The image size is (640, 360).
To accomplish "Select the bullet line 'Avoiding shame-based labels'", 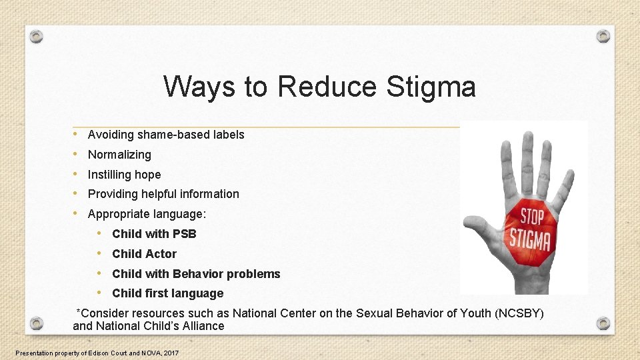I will point(166,135).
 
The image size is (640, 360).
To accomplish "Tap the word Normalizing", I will point(119,155).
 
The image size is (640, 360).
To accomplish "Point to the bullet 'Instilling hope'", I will point(124,175).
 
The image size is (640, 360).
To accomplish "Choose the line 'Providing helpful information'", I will point(163,194).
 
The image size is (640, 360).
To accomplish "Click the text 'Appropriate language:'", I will point(147,214).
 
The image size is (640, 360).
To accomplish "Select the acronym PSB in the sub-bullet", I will point(185,234).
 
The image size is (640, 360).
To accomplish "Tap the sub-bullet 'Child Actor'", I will point(144,254).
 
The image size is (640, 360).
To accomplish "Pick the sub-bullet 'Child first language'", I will point(167,293).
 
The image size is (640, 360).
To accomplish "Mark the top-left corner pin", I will point(37,36).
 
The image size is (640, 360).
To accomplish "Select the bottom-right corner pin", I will point(603,324).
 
